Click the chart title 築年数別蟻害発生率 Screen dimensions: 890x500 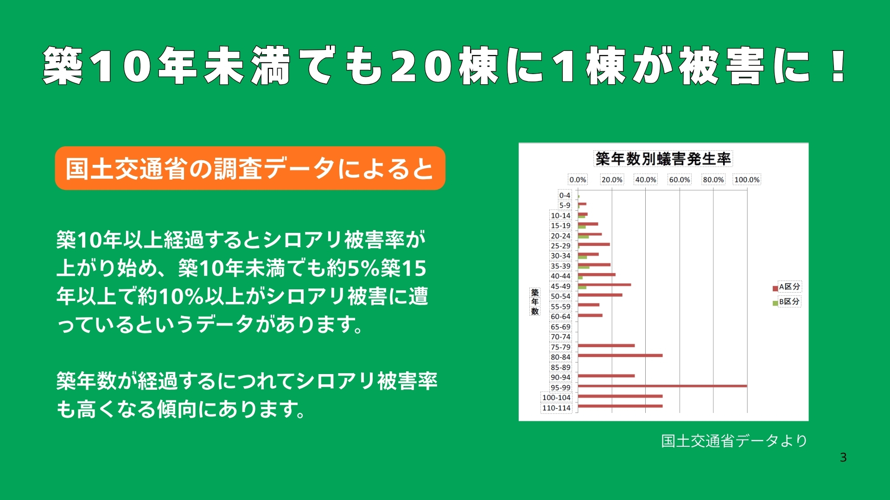click(x=663, y=159)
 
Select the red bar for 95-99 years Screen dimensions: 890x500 click(x=662, y=386)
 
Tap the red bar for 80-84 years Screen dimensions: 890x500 click(x=620, y=356)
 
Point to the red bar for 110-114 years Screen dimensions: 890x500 click(x=620, y=406)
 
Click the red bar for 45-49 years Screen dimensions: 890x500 click(x=604, y=285)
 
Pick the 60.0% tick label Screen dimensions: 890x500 click(x=680, y=180)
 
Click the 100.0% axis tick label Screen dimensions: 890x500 click(x=747, y=180)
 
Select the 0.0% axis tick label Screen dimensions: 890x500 click(x=578, y=180)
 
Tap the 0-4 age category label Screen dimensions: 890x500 click(x=565, y=195)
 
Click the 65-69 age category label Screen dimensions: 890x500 click(x=560, y=327)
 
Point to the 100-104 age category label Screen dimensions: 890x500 click(x=556, y=398)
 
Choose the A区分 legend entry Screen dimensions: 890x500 click(x=786, y=287)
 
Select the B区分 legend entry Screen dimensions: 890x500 click(x=786, y=302)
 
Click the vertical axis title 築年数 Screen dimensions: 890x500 click(x=535, y=302)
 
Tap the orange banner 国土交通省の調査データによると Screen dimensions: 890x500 click(x=250, y=168)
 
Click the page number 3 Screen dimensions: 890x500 click(x=843, y=457)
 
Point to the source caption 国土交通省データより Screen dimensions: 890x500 click(x=734, y=441)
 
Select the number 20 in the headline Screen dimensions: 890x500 click(x=421, y=66)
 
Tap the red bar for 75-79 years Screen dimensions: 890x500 click(x=606, y=345)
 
